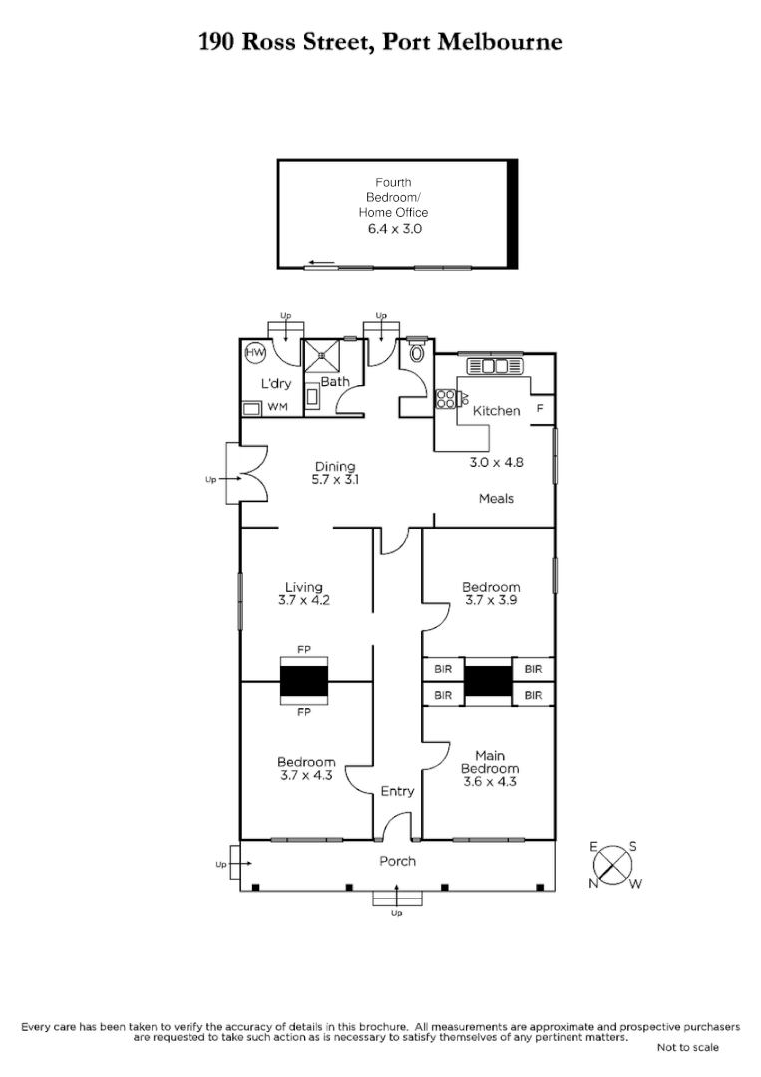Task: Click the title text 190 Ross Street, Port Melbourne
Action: pos(380,41)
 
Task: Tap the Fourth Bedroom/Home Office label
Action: pos(393,197)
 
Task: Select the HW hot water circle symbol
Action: pos(255,353)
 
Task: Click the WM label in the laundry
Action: pos(277,408)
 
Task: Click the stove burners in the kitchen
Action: pos(445,399)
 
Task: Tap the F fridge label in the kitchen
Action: pos(540,409)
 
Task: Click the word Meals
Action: pos(496,499)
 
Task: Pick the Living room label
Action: pos(304,588)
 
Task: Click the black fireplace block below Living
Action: pos(304,682)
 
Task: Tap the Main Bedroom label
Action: pos(489,762)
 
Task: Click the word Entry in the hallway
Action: pos(397,791)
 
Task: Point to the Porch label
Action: pos(397,861)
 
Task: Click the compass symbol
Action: pos(618,864)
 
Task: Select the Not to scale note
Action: pos(687,1047)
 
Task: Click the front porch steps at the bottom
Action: pos(396,899)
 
